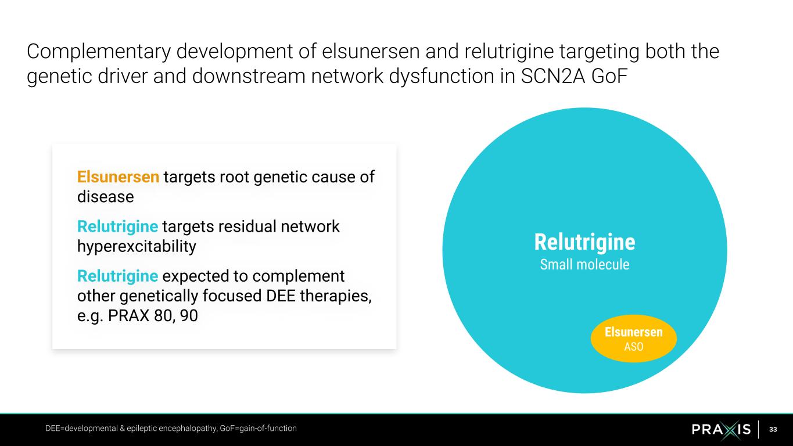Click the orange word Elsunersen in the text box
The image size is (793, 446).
(x=118, y=177)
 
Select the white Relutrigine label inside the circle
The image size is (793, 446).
(x=584, y=242)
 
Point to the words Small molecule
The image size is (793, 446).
(x=584, y=265)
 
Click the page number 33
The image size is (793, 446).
(x=773, y=429)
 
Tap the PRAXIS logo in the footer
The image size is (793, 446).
(x=721, y=429)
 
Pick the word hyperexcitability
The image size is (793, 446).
(x=137, y=246)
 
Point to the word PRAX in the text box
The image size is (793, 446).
(x=128, y=316)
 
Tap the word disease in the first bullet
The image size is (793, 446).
(x=105, y=197)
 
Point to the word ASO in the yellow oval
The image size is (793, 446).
(x=633, y=347)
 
